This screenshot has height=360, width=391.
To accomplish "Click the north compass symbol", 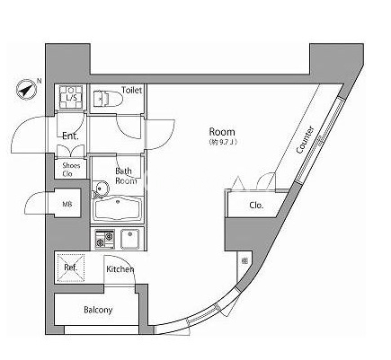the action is tap(27, 89).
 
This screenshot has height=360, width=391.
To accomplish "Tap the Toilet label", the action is tap(131, 90).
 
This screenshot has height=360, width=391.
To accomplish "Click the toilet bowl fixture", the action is tap(108, 98).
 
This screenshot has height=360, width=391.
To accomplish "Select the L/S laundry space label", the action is tap(71, 98).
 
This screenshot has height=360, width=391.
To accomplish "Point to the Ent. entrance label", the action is tap(70, 136).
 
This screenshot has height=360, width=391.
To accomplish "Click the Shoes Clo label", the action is tap(71, 170).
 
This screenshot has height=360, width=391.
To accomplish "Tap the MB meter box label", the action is tap(67, 205).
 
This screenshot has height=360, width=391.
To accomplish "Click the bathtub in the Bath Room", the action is tap(119, 208).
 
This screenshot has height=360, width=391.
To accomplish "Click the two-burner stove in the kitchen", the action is tap(105, 239).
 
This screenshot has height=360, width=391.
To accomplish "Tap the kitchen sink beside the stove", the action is tap(130, 239).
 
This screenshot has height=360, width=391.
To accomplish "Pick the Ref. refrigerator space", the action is tap(71, 268).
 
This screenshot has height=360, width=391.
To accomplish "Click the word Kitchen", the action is tap(120, 269).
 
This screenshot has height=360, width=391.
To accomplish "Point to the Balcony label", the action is tap(98, 310).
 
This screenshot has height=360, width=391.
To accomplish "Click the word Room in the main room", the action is tap(222, 132).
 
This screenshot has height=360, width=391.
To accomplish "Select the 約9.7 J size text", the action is tap(223, 143).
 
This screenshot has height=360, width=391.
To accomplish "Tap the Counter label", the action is tap(305, 140).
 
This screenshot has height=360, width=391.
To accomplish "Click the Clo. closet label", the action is tap(256, 206).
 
